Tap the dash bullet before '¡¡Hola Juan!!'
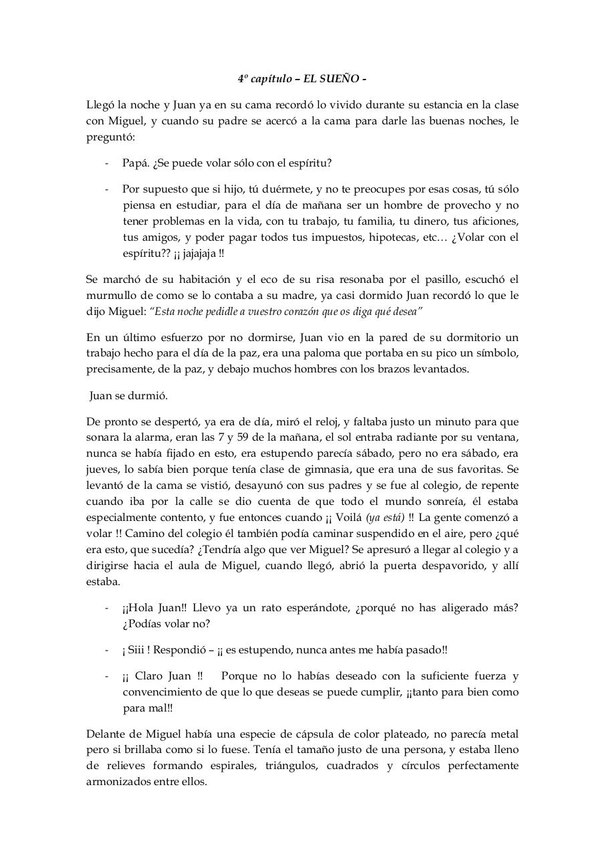(107, 608)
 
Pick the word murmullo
(111, 296)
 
